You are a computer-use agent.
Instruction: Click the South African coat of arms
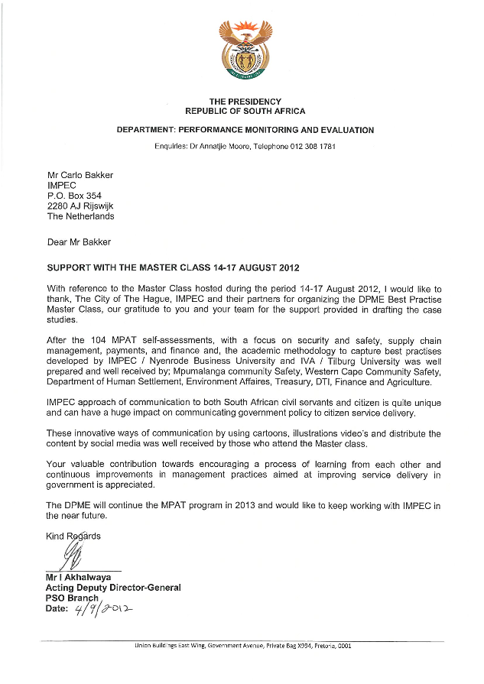click(x=245, y=51)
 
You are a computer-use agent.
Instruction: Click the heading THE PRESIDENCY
click(x=245, y=102)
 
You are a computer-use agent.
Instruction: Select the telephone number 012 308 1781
click(x=308, y=145)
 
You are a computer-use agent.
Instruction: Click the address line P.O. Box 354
click(x=74, y=196)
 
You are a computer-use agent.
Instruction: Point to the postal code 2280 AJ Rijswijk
click(x=80, y=206)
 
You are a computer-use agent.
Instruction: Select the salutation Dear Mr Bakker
click(x=80, y=242)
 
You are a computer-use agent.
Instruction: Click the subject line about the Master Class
click(x=174, y=268)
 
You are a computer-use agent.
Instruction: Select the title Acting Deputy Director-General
click(x=113, y=588)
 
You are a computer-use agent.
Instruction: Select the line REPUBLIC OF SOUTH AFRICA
click(x=245, y=111)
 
